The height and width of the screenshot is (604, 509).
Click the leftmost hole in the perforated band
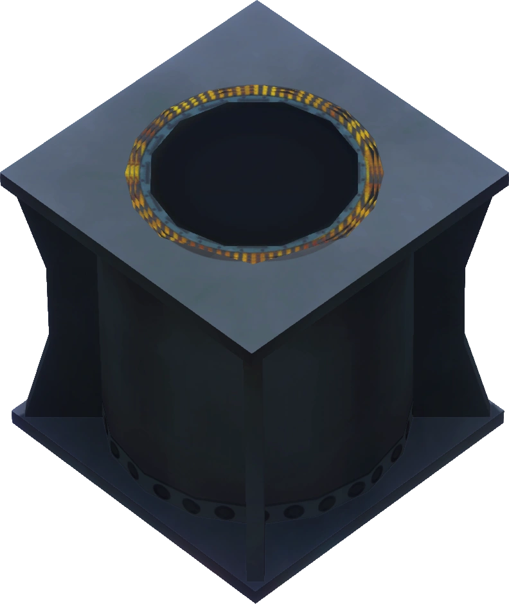click(114, 443)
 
